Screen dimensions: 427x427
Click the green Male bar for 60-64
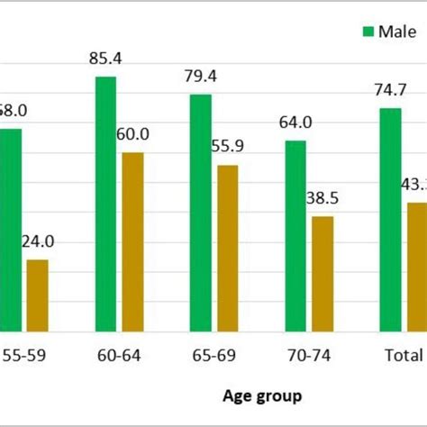(105, 204)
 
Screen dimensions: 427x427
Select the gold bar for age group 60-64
(132, 242)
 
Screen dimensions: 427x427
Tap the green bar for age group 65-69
(201, 213)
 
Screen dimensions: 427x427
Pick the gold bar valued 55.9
(228, 249)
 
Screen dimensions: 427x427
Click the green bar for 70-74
(296, 237)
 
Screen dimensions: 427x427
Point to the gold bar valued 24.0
(37, 296)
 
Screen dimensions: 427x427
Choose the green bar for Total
(391, 221)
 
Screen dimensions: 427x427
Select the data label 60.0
(132, 134)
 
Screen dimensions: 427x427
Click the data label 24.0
(37, 241)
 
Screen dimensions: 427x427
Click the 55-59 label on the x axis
(23, 355)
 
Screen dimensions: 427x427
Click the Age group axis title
(262, 395)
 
